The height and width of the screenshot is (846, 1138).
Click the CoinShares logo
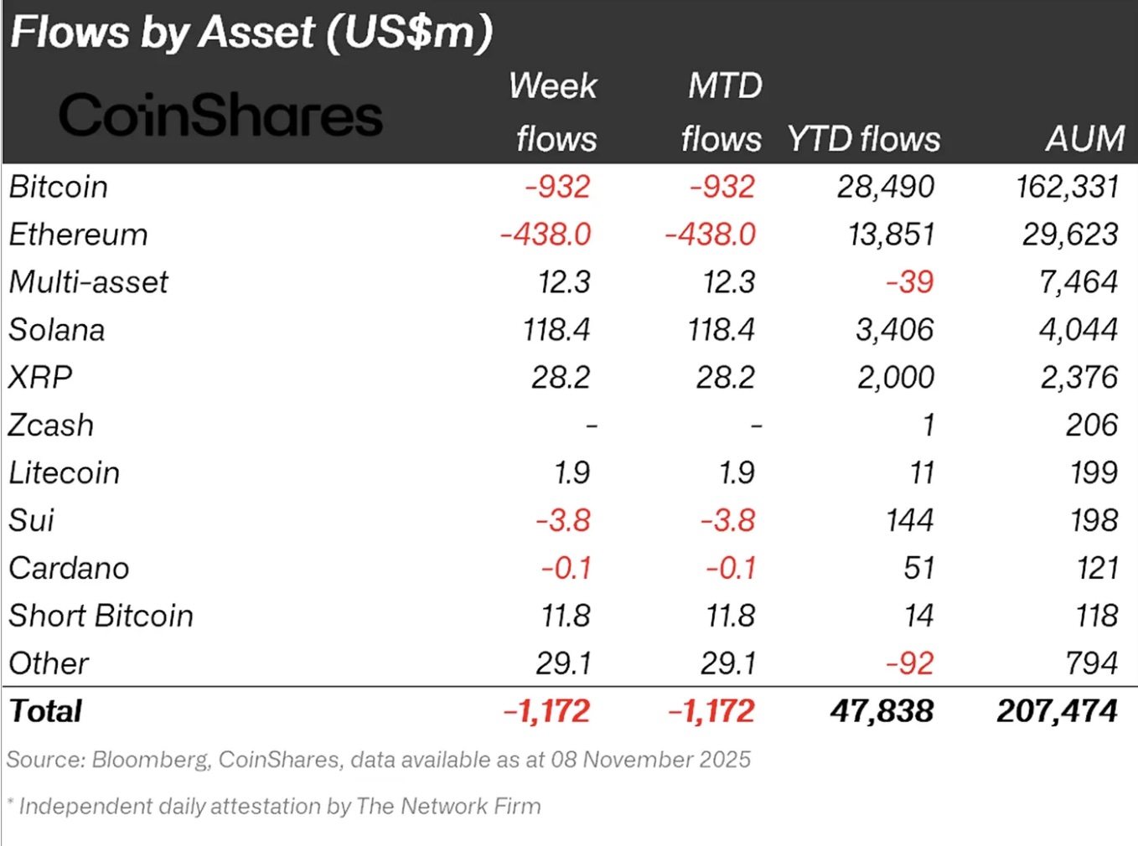220,115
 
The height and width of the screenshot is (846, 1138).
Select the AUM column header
1084,138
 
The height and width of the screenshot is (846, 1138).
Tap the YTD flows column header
863,138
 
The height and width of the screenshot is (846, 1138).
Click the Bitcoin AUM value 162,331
1067,186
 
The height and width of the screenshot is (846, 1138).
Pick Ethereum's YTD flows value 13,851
891,235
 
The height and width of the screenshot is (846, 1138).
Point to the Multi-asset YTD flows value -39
909,282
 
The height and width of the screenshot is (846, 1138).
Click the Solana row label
57,330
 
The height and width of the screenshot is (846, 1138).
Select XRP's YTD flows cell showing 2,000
895,378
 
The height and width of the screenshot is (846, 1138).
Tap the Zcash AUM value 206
1091,426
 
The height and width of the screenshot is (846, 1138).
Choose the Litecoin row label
65,473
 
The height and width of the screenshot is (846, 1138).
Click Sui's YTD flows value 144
909,521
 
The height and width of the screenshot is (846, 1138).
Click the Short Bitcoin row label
101,616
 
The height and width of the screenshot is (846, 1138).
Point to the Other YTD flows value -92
909,664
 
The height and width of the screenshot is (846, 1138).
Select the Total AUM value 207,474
1057,712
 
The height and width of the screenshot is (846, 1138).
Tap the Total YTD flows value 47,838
882,712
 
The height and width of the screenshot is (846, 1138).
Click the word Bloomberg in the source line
150,760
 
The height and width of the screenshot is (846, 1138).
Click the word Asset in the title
257,33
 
